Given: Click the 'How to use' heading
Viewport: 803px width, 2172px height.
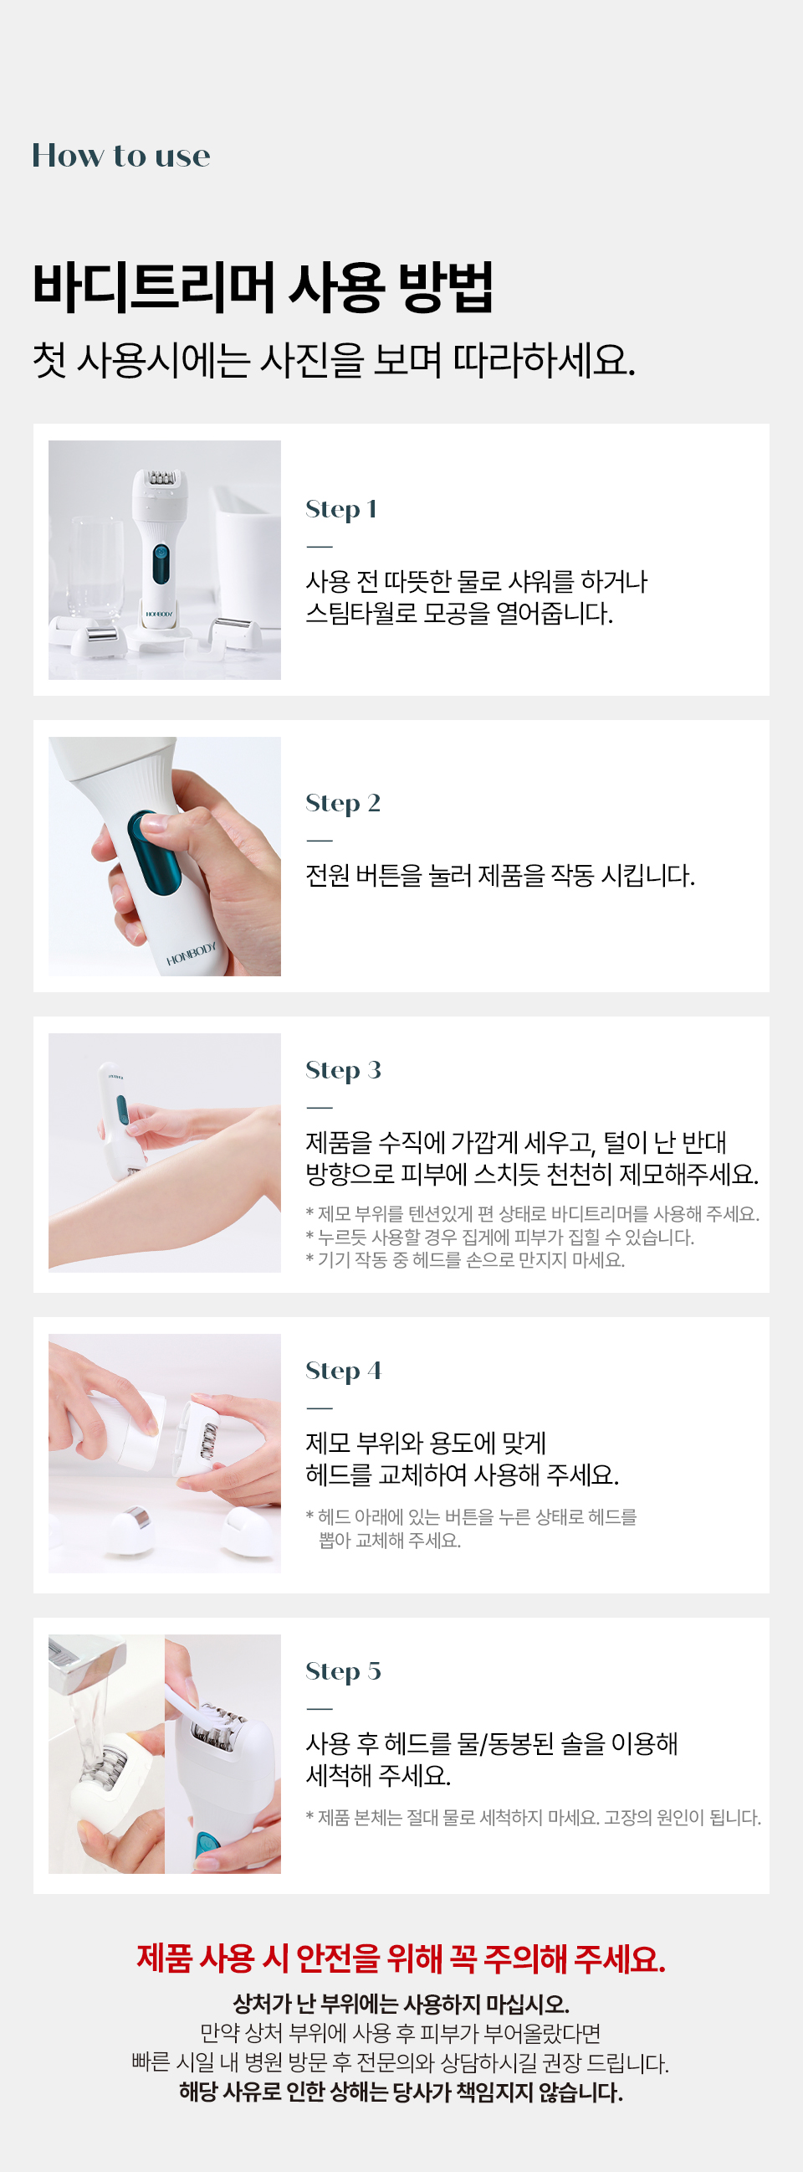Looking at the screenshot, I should point(120,155).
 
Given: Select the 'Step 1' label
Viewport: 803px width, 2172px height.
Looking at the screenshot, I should point(340,508).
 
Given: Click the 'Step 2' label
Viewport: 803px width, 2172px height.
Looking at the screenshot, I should point(342,803).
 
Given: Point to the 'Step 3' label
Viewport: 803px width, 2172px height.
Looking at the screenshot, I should point(343,1070).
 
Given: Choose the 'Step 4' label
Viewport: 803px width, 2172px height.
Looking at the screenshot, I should point(343,1370).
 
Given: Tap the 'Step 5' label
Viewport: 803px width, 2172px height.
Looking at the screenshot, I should point(343,1670).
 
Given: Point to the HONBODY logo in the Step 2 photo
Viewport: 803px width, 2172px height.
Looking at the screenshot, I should point(191,954).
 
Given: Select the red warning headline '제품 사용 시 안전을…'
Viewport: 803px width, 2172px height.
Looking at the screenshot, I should point(401,1958).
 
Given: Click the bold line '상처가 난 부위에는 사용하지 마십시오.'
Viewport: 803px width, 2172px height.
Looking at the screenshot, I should point(401,2004).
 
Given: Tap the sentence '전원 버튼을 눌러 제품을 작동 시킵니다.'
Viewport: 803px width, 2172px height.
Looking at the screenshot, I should point(499,875).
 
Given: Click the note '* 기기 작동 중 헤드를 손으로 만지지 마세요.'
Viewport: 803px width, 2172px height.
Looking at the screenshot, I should point(464,1259).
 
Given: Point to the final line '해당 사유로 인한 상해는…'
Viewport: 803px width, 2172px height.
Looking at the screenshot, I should point(401,2092).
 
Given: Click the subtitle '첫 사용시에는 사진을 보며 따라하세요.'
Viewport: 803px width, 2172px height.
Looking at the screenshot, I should point(333,361).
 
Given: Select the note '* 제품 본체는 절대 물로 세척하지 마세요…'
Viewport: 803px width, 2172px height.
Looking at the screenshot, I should point(533,1817).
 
